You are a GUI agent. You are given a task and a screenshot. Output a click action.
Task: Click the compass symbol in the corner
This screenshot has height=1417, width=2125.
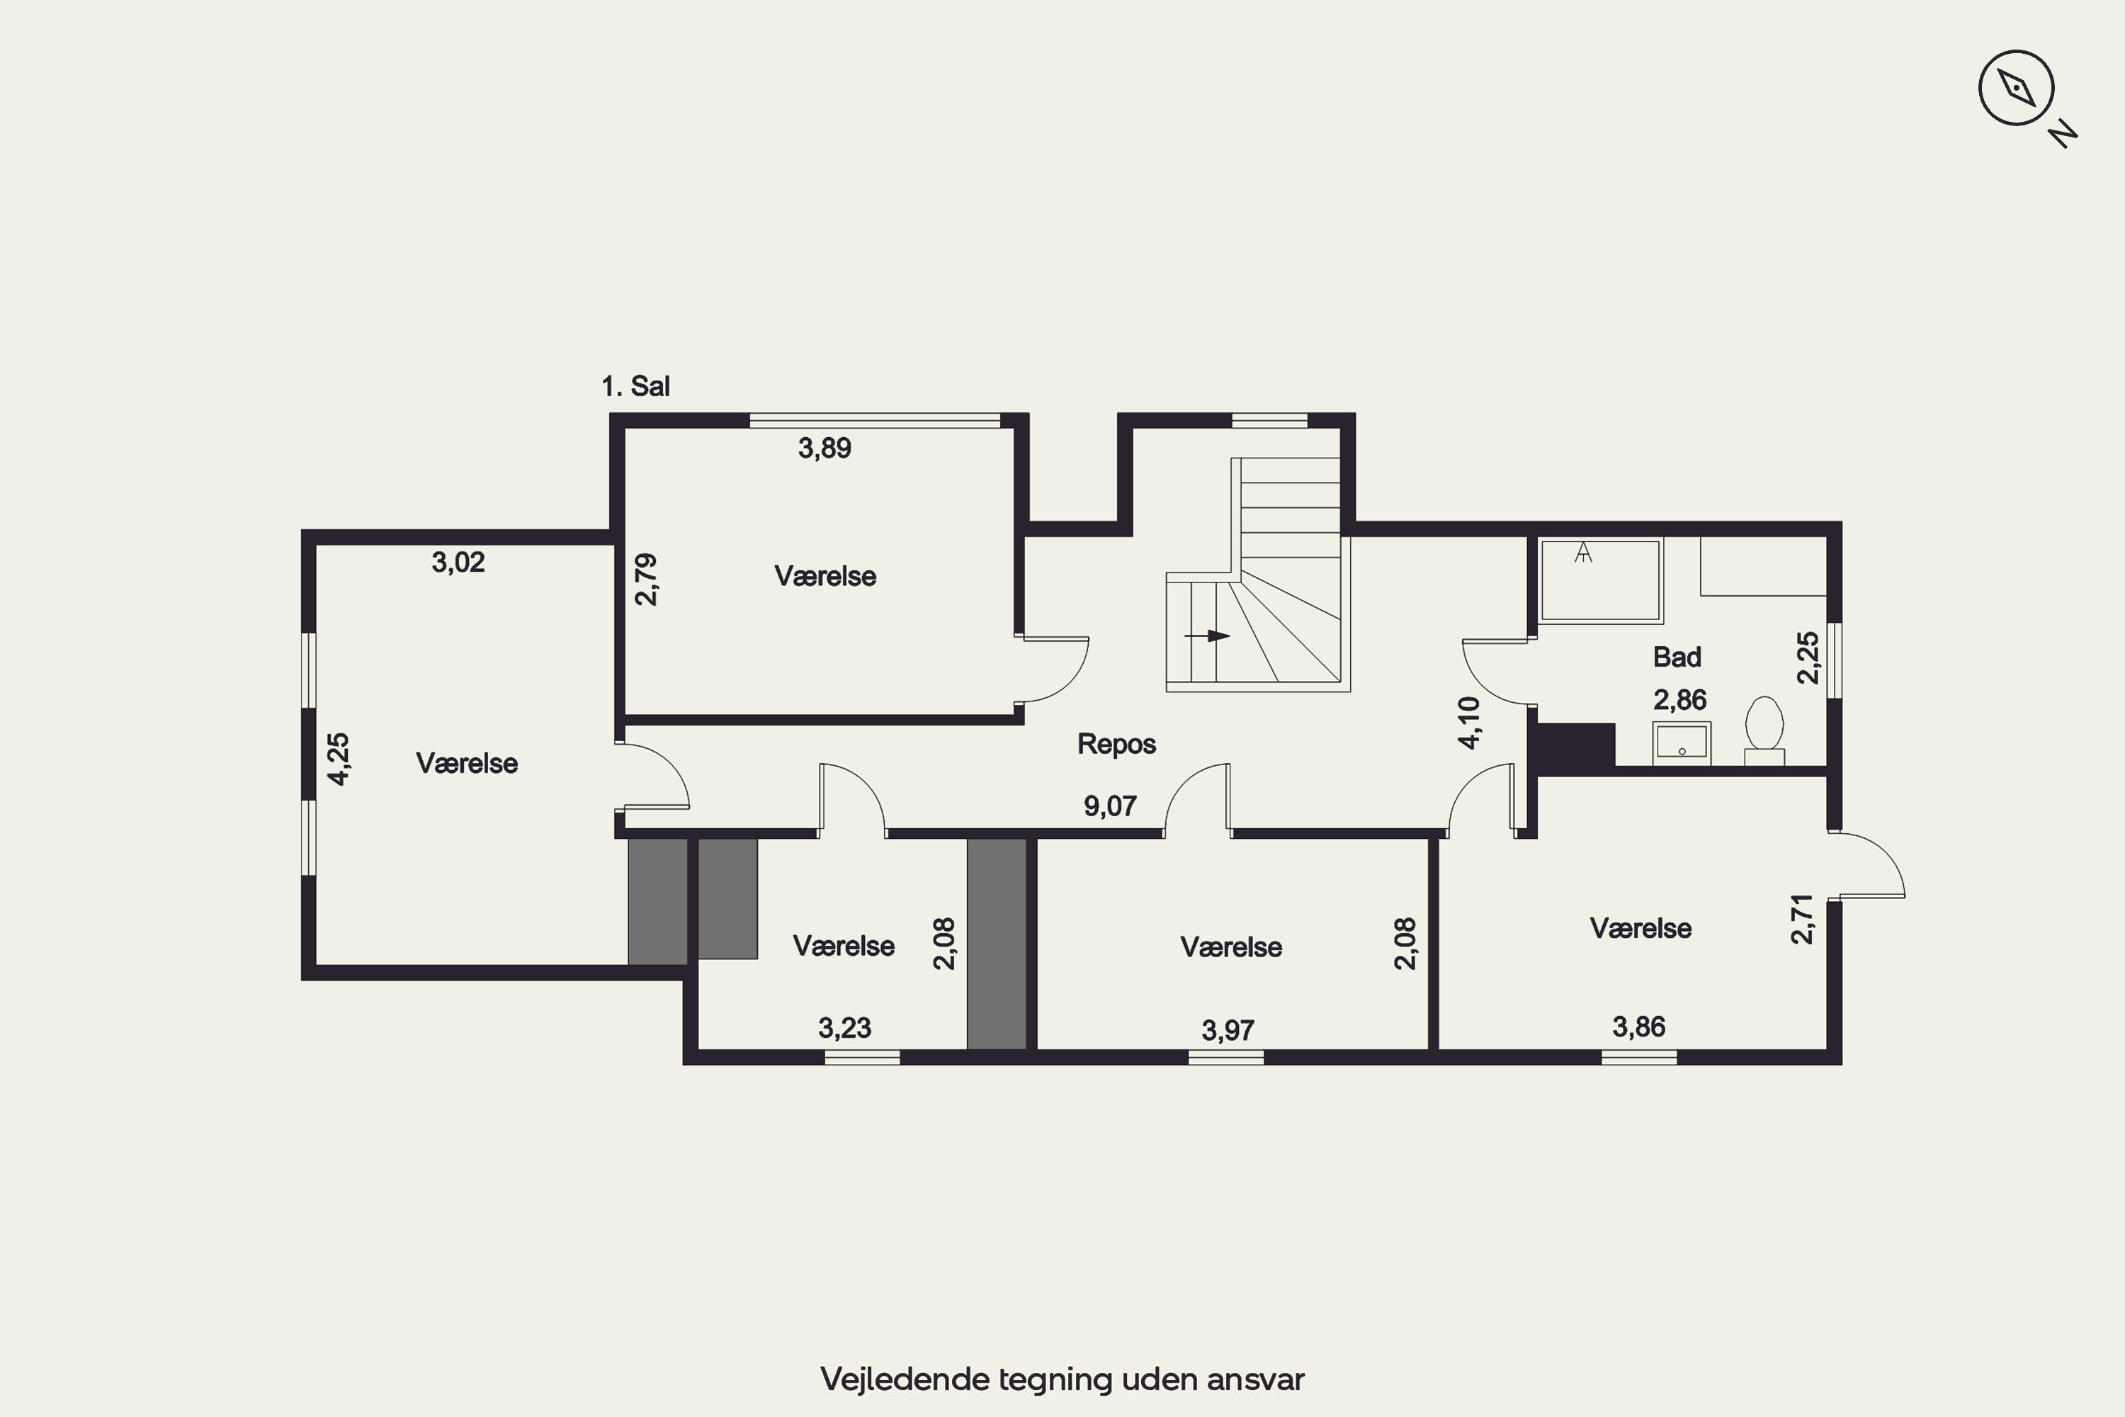click(x=2017, y=89)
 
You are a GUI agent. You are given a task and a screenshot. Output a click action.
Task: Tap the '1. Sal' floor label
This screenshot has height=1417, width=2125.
click(x=635, y=387)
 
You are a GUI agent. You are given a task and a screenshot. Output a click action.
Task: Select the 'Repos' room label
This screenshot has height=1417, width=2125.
click(x=1117, y=744)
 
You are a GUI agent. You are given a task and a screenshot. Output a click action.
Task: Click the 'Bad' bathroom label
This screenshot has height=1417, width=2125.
click(x=1677, y=657)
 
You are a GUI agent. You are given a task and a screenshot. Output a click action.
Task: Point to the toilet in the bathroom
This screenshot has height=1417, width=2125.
click(x=1764, y=731)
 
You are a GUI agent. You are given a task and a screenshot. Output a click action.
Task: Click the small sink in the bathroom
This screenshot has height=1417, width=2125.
click(x=1682, y=743)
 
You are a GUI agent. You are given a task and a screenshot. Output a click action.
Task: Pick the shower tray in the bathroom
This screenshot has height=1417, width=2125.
click(x=1600, y=580)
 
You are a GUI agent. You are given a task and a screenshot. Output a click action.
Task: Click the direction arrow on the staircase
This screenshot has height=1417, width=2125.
click(x=1207, y=636)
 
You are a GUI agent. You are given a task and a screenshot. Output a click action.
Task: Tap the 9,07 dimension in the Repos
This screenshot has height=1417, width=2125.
click(x=1111, y=805)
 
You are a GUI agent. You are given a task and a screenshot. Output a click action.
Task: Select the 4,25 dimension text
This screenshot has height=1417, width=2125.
click(x=338, y=759)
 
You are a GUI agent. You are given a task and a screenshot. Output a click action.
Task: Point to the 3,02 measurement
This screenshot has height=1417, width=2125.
click(x=458, y=562)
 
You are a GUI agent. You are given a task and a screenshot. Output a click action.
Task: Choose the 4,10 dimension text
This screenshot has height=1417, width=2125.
click(x=1470, y=723)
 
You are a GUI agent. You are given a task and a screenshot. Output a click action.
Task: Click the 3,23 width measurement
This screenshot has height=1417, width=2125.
click(x=845, y=1027)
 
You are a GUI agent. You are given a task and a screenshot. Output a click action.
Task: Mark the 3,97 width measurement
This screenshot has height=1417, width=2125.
click(x=1228, y=1029)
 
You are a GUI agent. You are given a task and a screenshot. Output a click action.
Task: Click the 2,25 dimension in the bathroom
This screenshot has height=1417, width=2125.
click(x=1808, y=658)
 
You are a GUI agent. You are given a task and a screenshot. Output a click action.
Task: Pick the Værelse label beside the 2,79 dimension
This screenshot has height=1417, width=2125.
click(x=825, y=577)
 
